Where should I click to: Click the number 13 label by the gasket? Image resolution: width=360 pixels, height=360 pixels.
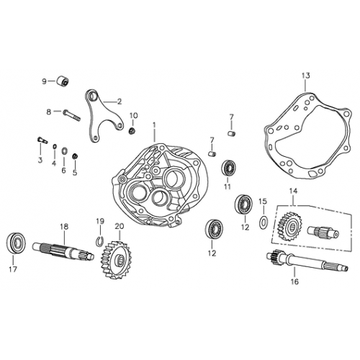coord(305,75)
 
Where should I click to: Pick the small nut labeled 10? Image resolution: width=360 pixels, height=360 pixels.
coord(132,131)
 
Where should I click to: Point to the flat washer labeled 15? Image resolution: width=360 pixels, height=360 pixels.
coord(263,219)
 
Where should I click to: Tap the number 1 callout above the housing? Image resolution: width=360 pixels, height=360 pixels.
coord(153,125)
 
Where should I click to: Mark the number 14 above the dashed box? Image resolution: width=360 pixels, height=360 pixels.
coord(293,191)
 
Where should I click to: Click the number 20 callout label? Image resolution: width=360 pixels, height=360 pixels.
coord(119,225)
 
